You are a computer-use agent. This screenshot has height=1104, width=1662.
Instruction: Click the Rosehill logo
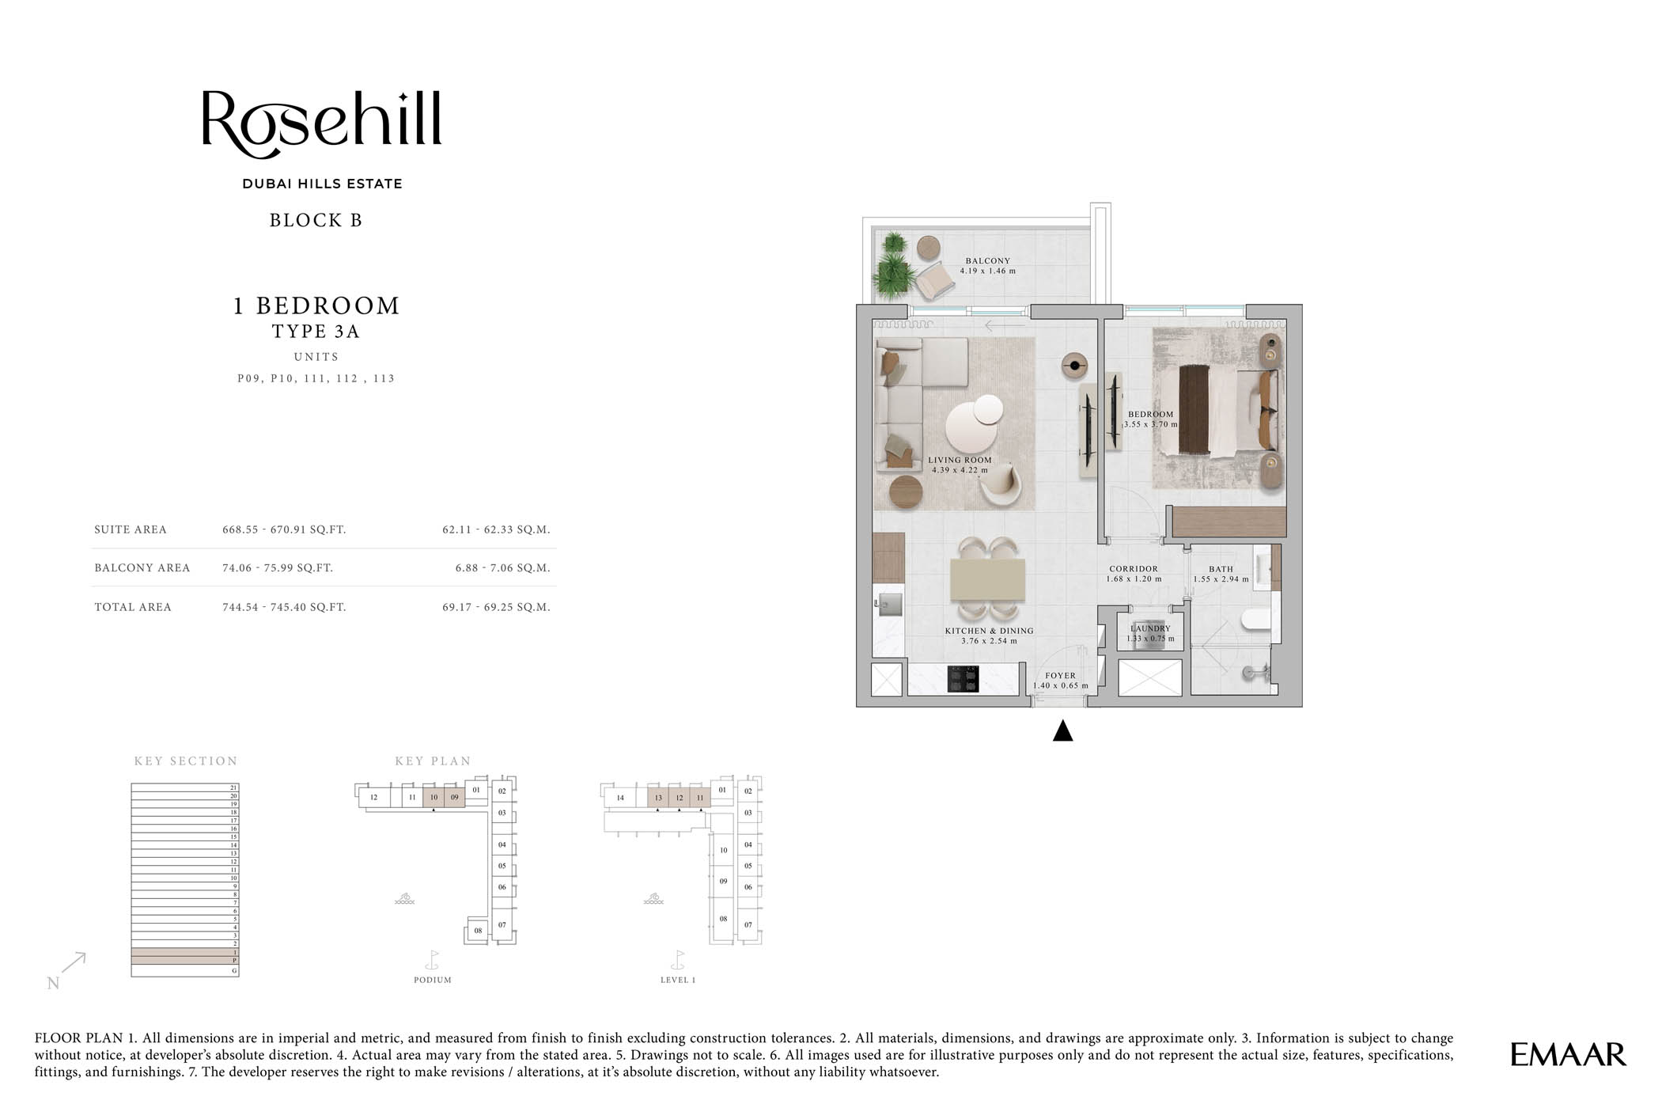321,123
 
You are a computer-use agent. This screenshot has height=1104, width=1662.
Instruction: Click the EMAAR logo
1567,1054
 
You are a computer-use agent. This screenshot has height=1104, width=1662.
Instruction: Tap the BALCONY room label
987,260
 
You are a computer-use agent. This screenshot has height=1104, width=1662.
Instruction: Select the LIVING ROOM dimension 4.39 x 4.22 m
960,470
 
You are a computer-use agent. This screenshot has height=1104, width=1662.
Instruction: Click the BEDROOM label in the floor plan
1150,414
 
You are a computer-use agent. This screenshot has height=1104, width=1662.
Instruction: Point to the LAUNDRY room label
1150,628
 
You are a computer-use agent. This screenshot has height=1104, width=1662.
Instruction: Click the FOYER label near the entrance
1060,676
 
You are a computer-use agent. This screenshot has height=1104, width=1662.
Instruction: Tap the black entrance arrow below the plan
1062,731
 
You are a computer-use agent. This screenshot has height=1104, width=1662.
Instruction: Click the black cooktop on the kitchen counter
963,678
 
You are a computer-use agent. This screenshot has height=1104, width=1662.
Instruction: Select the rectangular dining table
987,579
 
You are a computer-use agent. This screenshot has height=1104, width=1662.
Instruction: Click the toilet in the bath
1257,619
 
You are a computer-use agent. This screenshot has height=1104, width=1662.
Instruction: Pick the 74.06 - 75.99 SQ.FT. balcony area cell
278,567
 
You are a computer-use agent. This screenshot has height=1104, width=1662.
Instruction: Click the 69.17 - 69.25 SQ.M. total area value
496,607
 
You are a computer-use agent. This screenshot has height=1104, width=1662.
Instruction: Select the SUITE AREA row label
131,529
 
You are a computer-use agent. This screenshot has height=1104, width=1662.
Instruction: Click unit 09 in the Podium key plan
454,797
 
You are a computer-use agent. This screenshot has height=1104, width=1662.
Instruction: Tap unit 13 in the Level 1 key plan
658,798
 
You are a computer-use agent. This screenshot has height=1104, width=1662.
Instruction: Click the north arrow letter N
53,983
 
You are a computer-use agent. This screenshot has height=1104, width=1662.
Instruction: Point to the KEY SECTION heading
186,761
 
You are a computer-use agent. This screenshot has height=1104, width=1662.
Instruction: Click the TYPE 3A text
316,332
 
